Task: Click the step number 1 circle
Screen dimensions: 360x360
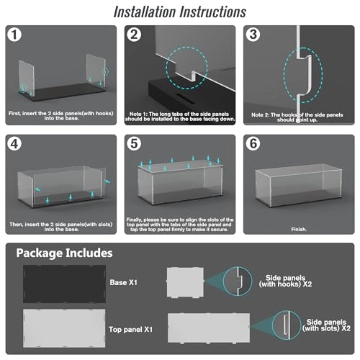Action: click(x=14, y=35)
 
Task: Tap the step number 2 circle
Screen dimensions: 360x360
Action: click(x=134, y=35)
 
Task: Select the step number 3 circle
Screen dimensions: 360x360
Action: click(x=253, y=35)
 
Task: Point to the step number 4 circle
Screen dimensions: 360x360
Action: click(x=14, y=144)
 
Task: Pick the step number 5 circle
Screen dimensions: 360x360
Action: click(x=134, y=144)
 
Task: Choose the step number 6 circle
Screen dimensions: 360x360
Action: click(x=253, y=144)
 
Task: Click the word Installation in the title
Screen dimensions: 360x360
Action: click(x=145, y=12)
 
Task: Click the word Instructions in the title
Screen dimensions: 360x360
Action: click(x=213, y=12)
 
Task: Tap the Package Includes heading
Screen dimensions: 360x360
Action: click(x=64, y=253)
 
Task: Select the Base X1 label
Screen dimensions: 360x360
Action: click(x=123, y=282)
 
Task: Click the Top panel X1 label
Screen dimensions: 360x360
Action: click(x=130, y=329)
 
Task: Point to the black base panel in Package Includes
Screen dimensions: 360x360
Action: click(x=64, y=284)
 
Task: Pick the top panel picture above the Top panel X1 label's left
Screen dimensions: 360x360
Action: click(x=64, y=328)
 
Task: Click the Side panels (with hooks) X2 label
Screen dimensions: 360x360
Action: click(x=285, y=281)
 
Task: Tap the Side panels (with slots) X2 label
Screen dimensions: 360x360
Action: click(x=326, y=325)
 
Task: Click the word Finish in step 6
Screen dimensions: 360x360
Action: click(x=299, y=229)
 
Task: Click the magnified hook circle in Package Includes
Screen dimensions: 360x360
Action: click(x=238, y=281)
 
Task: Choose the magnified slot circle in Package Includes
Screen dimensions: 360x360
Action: click(x=287, y=325)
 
